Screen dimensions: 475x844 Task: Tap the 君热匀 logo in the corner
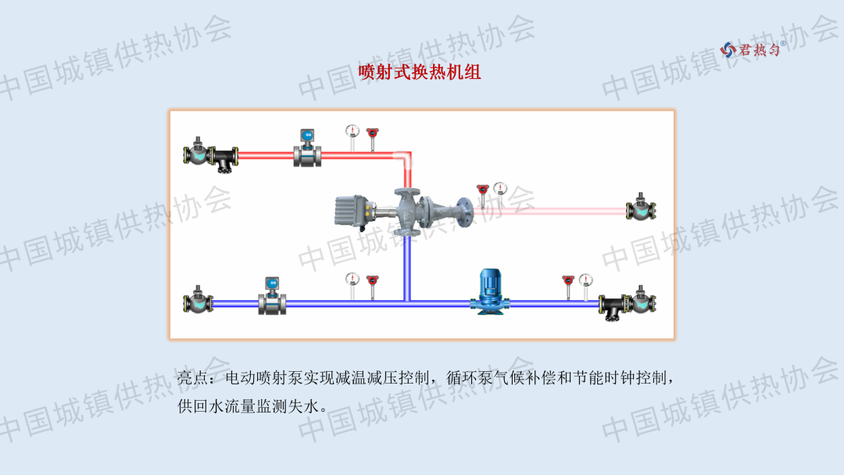coord(749,49)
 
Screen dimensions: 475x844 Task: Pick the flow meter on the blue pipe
coord(272,296)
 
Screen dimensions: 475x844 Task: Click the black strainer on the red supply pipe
coord(227,157)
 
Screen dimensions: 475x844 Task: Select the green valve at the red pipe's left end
coord(198,152)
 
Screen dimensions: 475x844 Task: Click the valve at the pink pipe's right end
coord(642,209)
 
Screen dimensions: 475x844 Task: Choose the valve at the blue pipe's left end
coord(198,302)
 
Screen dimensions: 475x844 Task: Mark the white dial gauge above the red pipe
coord(352,132)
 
